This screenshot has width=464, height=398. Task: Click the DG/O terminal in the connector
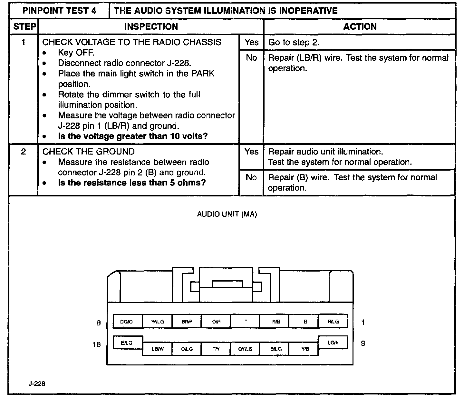[x=127, y=322]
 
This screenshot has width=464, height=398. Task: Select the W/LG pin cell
[x=158, y=322]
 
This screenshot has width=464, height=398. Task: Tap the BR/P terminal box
[x=187, y=322]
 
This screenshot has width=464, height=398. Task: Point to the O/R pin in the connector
[x=216, y=322]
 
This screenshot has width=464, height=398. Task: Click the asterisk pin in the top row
[x=246, y=321]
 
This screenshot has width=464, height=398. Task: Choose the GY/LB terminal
[x=246, y=349]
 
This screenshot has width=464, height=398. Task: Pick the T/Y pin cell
[x=216, y=349]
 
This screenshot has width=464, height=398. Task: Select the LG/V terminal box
[x=333, y=343]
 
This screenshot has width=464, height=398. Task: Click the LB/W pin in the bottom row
[x=158, y=349]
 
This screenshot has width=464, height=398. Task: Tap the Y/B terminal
[x=305, y=349]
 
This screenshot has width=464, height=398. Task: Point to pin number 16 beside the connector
[x=97, y=344]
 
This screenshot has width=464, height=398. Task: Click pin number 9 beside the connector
[x=363, y=343]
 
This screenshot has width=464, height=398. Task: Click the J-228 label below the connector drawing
[x=36, y=384]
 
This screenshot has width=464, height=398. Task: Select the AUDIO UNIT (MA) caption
[x=227, y=214]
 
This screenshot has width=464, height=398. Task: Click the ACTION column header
[x=360, y=27]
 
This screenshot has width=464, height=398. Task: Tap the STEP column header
[x=24, y=27]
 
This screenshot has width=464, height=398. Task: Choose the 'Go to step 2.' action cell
[x=359, y=42]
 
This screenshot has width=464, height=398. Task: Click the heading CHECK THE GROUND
[x=89, y=152]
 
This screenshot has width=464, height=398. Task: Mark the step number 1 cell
[x=24, y=42]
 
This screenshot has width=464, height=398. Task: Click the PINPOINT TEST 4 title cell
[x=59, y=11]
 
